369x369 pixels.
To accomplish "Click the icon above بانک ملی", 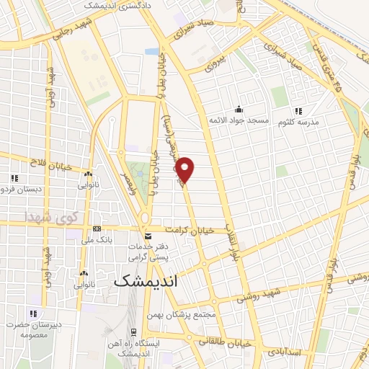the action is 97,228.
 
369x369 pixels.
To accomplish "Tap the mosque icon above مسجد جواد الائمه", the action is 239,108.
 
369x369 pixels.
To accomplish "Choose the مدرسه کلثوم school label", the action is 303,123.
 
